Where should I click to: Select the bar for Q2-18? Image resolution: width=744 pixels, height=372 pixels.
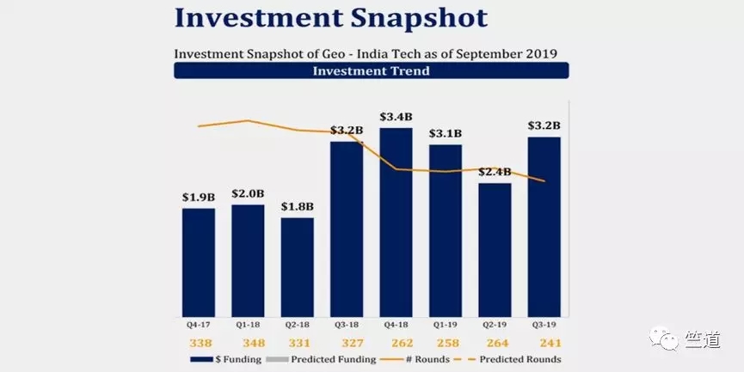[x=297, y=266]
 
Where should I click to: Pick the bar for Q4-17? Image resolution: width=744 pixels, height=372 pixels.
[x=199, y=262]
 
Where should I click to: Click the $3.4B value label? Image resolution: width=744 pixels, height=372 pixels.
[x=396, y=117]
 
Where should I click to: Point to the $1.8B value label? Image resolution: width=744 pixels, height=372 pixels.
[x=297, y=206]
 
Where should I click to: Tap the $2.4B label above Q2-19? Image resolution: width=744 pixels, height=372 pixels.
[x=495, y=172]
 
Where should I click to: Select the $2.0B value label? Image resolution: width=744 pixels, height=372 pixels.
[x=248, y=193]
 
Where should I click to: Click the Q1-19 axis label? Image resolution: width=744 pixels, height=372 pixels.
[x=446, y=326]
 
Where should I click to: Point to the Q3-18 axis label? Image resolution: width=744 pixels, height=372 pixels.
[x=347, y=326]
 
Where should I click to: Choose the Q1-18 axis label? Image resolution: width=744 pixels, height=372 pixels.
[x=248, y=326]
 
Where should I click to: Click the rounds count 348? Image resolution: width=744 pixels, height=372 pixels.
[x=248, y=343]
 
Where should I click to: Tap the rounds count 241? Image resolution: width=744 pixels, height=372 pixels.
[x=544, y=343]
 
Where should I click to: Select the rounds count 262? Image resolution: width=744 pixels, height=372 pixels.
[x=396, y=343]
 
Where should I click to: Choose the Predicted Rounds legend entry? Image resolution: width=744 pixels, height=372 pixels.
[x=516, y=359]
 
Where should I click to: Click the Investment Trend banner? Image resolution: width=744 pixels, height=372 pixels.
[x=372, y=71]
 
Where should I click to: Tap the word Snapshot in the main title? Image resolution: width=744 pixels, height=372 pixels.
[x=405, y=17]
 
